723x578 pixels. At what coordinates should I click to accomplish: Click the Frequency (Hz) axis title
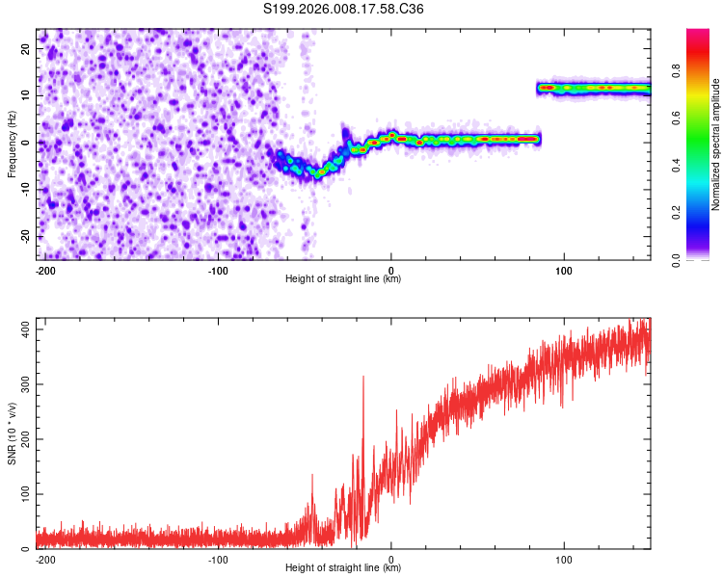click(12, 144)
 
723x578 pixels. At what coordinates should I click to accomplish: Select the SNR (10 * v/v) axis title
click(12, 433)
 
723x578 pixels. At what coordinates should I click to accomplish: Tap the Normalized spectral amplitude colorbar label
click(715, 144)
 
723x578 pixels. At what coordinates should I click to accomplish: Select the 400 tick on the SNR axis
click(23, 329)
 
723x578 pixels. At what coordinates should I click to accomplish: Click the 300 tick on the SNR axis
click(23, 384)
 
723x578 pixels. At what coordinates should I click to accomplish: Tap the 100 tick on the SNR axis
click(23, 494)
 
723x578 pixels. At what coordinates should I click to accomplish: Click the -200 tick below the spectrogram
click(43, 269)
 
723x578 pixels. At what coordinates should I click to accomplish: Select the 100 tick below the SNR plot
click(564, 559)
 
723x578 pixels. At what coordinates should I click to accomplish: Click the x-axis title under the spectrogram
click(343, 279)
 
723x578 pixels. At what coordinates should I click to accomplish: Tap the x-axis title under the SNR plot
click(343, 568)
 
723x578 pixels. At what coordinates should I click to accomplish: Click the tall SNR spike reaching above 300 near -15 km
click(362, 379)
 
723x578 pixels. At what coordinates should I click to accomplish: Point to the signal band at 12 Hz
click(593, 88)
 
